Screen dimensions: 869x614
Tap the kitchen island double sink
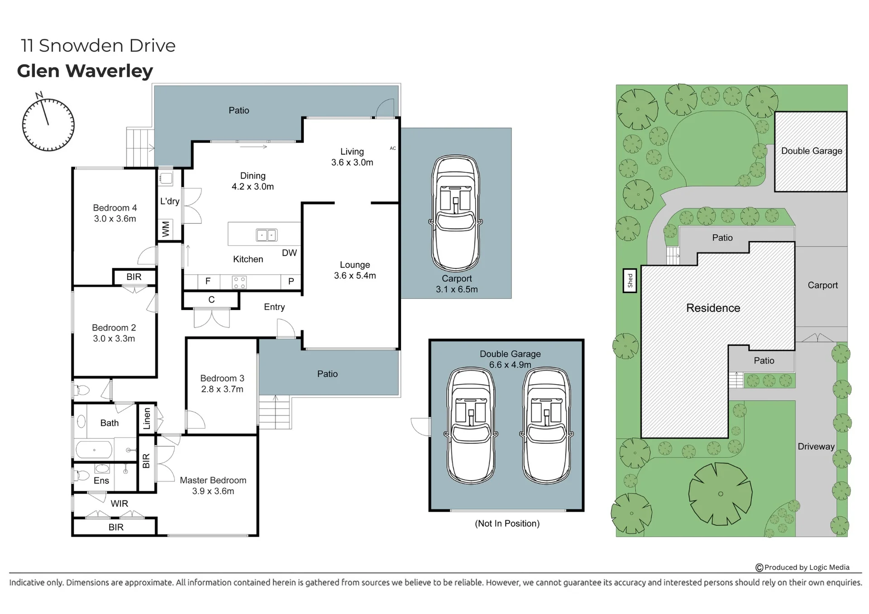click(x=266, y=235)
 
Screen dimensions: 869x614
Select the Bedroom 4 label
click(x=115, y=208)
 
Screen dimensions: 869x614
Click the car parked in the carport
click(x=456, y=213)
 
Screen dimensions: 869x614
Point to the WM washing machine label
click(x=166, y=228)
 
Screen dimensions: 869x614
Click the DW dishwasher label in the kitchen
click(x=289, y=253)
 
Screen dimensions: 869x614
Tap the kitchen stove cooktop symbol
click(x=239, y=282)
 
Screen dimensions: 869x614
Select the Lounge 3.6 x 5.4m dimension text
click(x=355, y=276)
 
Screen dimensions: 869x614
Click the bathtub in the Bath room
click(x=94, y=450)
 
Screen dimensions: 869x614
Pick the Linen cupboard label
click(x=147, y=419)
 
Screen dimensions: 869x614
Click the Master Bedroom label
click(x=213, y=480)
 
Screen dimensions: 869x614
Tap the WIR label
click(x=119, y=504)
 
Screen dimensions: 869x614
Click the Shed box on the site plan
click(x=630, y=281)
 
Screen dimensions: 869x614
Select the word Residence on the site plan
click(x=713, y=308)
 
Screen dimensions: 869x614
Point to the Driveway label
click(x=816, y=447)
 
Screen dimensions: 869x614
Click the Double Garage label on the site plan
click(x=812, y=151)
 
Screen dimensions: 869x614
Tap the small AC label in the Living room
click(x=393, y=148)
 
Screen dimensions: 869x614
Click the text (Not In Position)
click(x=507, y=524)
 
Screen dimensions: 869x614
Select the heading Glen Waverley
click(x=85, y=71)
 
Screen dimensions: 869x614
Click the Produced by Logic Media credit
click(x=802, y=567)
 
